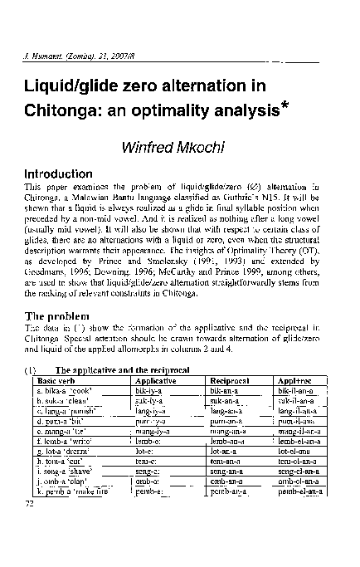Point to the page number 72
[x=31, y=502]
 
